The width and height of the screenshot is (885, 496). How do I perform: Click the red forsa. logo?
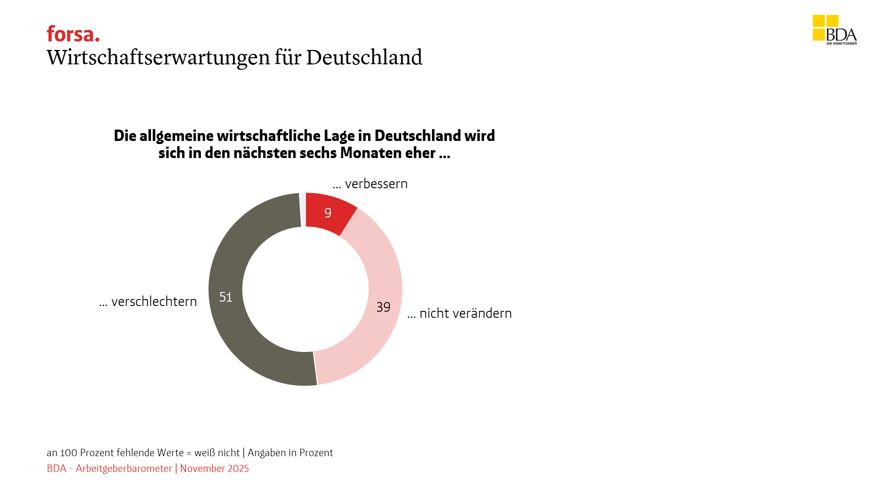click(x=73, y=34)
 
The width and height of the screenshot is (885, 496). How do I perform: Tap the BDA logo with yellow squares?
click(x=834, y=30)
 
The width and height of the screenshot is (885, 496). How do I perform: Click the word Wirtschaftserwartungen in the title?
click(x=158, y=57)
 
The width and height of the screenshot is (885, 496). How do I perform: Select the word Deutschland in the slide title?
click(x=364, y=57)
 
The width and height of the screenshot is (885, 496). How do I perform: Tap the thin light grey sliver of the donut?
click(x=302, y=209)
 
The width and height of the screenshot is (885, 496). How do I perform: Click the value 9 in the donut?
click(x=328, y=213)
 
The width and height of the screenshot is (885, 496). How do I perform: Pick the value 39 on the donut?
click(x=383, y=307)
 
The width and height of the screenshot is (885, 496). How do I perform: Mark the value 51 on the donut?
click(x=225, y=297)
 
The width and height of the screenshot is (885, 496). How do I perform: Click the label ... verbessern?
click(x=370, y=184)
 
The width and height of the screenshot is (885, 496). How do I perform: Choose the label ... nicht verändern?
click(x=460, y=313)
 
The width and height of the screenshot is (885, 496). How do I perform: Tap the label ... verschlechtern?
click(x=148, y=302)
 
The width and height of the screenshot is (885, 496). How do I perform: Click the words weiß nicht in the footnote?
click(x=217, y=453)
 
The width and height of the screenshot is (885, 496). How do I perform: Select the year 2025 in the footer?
click(x=238, y=468)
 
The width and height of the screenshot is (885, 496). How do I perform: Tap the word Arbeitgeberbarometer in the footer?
click(x=124, y=468)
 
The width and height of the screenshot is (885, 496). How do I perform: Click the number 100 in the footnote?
click(x=68, y=453)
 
